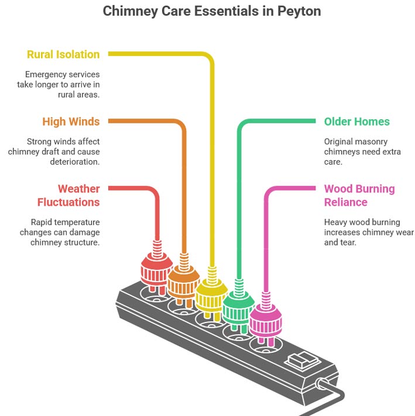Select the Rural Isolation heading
click(x=63, y=54)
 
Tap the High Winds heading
click(x=71, y=122)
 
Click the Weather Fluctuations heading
click(x=68, y=196)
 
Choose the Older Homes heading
click(x=356, y=122)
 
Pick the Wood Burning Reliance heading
click(x=359, y=196)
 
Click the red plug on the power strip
click(x=155, y=271)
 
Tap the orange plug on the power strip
click(x=183, y=283)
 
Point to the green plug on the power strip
click(x=238, y=307)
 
